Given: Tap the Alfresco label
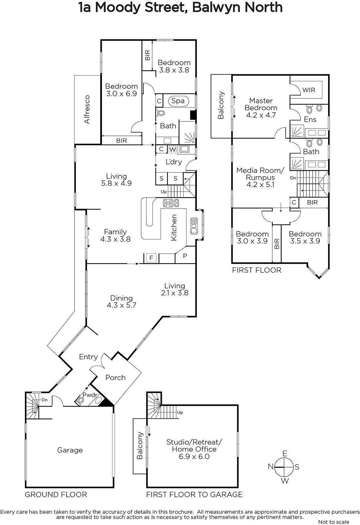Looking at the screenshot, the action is coord(87,109).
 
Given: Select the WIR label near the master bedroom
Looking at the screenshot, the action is coord(309,90).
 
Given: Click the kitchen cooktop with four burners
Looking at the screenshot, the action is coord(171,203).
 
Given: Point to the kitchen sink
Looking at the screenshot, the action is coord(194,226).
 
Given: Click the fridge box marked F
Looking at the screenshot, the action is coord(151,258).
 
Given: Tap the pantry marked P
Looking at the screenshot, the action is coord(185,256).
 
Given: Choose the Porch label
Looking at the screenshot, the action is coord(115,378).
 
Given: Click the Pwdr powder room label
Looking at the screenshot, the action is coord(90,395).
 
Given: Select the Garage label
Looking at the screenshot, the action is coord(70,450).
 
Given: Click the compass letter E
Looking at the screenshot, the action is coord(285,453).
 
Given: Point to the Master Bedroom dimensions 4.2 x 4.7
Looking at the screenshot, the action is coord(261,115).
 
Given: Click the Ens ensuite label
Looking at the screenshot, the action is coord(310,119).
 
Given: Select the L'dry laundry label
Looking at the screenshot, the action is coord(174,162).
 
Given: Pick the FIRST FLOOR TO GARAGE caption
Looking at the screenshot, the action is coord(194,494).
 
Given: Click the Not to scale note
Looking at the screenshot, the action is coord(334,522).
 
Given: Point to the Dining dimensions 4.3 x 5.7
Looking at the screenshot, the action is coord(121,305).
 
